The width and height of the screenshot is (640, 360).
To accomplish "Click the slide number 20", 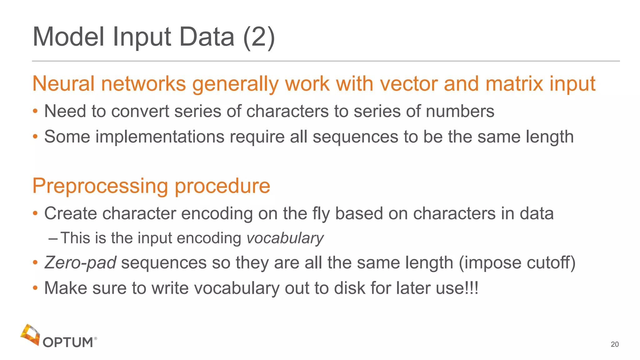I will point(614,344).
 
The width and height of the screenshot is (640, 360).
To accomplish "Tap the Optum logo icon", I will point(30,335).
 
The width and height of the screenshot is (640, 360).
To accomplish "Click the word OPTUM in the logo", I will point(68,342).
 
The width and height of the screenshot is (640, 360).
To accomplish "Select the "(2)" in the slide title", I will point(259,37).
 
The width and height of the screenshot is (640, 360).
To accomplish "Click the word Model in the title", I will point(68,37).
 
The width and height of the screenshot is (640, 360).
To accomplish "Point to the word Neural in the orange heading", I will point(63,84).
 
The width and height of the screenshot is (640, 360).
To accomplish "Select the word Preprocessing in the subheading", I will point(100,186).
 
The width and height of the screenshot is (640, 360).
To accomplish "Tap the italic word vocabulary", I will point(285,238).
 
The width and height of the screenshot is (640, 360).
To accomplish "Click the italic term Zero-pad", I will point(80,262).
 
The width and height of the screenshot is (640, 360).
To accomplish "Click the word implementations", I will point(160,137).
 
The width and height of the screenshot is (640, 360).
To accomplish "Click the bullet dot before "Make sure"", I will point(35,288).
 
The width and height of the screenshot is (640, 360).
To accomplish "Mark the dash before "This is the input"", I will point(53,238).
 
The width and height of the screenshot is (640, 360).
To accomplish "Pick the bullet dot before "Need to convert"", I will point(35,111).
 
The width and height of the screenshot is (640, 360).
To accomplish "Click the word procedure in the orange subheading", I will point(222,186).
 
